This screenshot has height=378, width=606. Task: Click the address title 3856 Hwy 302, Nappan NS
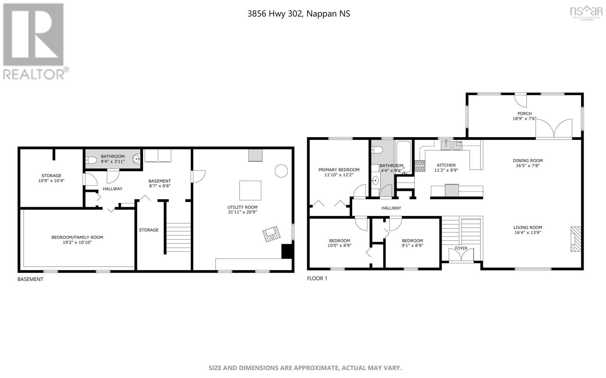298,14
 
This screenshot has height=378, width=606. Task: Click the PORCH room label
525,113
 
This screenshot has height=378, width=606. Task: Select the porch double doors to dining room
554,129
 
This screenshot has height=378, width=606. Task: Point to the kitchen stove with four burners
420,166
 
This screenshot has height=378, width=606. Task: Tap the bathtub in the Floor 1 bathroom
403,156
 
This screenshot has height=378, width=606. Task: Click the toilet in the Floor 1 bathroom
377,150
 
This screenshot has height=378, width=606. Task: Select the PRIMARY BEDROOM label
339,170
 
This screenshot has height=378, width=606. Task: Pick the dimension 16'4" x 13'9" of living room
528,233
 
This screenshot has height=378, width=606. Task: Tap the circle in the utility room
281,171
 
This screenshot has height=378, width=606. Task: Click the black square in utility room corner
287,251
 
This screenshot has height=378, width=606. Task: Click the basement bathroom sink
136,159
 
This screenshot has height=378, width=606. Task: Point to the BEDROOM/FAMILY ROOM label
77,237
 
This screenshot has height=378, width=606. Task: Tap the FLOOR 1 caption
317,279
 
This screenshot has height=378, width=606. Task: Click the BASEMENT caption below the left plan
30,279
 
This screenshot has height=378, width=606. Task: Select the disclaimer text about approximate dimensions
305,368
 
